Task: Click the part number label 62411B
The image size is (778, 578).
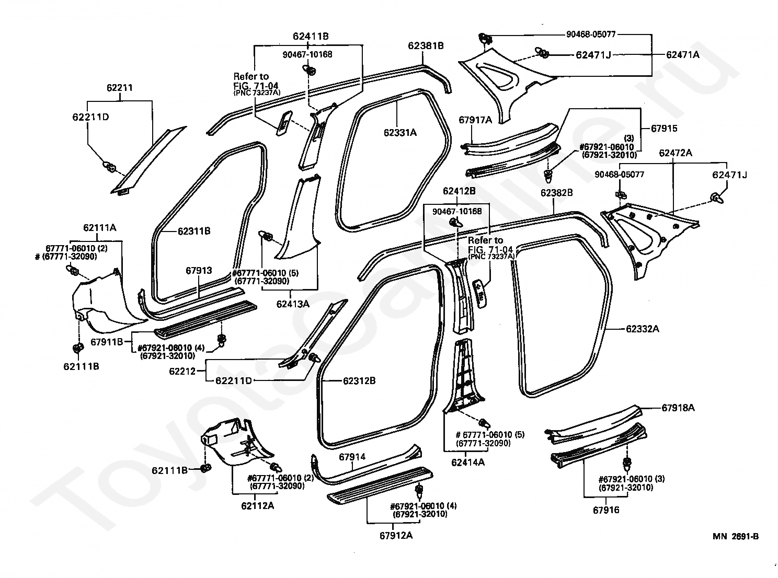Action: point(311,36)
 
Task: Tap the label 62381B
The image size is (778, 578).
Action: point(426,45)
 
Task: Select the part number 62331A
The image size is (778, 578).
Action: point(400,133)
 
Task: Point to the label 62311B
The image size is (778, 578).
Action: point(194,231)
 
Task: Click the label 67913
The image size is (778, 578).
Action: point(199,270)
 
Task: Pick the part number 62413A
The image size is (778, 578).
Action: point(293,304)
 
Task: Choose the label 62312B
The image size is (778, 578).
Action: point(359,380)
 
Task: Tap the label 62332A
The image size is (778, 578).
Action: point(643,329)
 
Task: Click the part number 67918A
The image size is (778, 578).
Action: point(678,408)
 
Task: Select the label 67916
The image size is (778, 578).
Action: point(606,510)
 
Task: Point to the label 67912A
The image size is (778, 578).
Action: point(396,536)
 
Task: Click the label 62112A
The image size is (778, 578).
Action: point(257,506)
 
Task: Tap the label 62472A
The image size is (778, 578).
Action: point(676,153)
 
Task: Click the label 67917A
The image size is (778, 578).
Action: point(475,120)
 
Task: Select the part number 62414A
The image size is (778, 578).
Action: point(468,463)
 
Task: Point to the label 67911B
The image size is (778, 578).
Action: point(107,342)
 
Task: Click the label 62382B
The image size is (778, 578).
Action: point(557,193)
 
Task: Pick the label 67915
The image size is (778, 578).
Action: point(664,129)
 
